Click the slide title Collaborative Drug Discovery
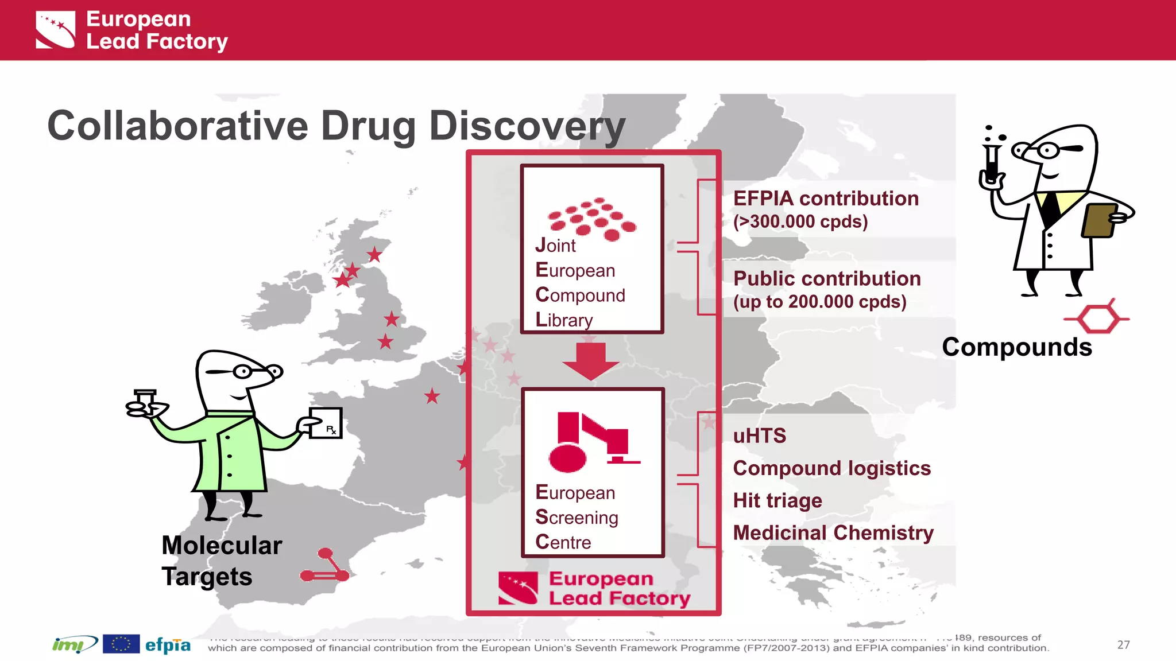pyautogui.click(x=336, y=126)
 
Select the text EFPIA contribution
pyautogui.click(x=826, y=199)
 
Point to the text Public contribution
pyautogui.click(x=827, y=279)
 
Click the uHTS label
pyautogui.click(x=759, y=436)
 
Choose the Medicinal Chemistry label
pyautogui.click(x=833, y=533)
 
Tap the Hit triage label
pyautogui.click(x=777, y=501)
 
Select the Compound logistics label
pyautogui.click(x=831, y=468)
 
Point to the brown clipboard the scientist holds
pyautogui.click(x=1098, y=220)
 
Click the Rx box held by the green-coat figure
pyautogui.click(x=326, y=423)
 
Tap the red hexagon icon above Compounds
pyautogui.click(x=1097, y=318)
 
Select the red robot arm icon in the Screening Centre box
pyautogui.click(x=591, y=442)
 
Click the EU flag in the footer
pyautogui.click(x=121, y=644)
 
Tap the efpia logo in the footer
pyautogui.click(x=168, y=645)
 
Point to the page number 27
pyautogui.click(x=1123, y=645)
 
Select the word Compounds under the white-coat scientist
pyautogui.click(x=1016, y=347)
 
